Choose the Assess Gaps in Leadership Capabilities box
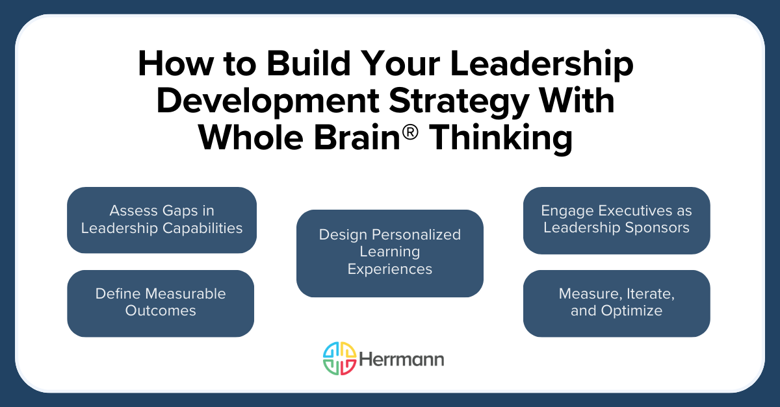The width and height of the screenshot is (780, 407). pyautogui.click(x=162, y=220)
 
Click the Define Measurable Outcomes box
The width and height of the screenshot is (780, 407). pyautogui.click(x=161, y=303)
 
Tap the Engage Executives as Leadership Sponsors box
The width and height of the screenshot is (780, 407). pyautogui.click(x=616, y=220)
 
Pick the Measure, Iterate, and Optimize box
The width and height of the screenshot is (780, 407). pyautogui.click(x=616, y=303)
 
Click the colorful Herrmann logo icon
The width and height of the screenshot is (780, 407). pyautogui.click(x=339, y=358)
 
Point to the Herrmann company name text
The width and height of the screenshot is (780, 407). pyautogui.click(x=402, y=359)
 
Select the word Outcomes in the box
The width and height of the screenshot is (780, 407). pyautogui.click(x=161, y=311)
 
